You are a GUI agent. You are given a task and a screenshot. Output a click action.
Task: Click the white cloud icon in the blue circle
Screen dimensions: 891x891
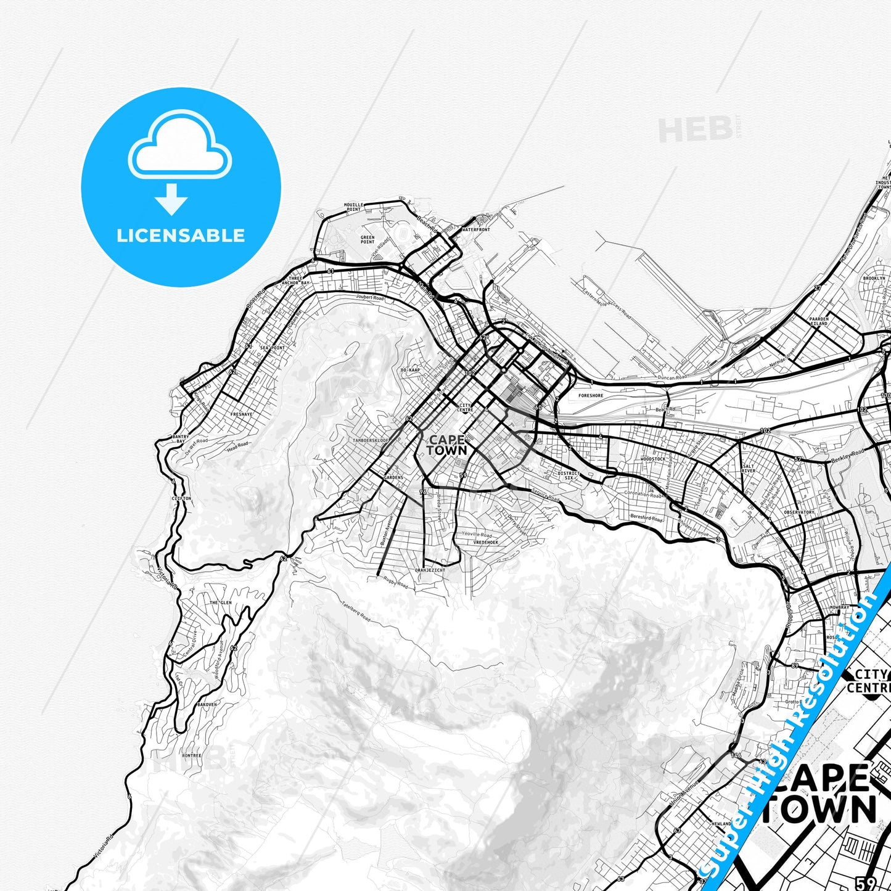click(x=180, y=146)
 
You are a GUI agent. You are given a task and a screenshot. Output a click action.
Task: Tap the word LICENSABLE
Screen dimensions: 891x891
click(x=181, y=235)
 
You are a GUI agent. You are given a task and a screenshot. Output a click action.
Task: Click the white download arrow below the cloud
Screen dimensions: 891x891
click(x=172, y=199)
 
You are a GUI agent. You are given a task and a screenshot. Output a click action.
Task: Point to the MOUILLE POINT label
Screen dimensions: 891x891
click(x=353, y=207)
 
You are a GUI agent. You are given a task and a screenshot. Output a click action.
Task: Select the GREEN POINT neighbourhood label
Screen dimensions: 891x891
click(x=367, y=239)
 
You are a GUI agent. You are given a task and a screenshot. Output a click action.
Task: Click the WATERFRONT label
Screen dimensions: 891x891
click(x=475, y=229)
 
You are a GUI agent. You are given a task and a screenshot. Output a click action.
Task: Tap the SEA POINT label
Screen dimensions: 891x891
click(x=273, y=348)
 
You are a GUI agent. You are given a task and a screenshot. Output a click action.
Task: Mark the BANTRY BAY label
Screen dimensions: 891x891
click(x=181, y=439)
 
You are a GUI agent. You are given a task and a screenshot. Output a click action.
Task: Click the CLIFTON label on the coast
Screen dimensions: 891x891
click(x=181, y=498)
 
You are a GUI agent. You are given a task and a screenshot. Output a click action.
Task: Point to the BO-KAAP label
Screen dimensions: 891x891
click(x=410, y=370)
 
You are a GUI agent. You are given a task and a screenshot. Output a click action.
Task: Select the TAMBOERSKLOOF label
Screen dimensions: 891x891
click(x=371, y=440)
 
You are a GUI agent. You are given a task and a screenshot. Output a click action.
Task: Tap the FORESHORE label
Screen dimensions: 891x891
click(x=591, y=395)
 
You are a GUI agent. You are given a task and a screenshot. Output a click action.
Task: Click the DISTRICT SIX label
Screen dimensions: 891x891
click(x=569, y=475)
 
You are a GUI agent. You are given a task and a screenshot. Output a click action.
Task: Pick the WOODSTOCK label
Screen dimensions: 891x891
click(x=653, y=459)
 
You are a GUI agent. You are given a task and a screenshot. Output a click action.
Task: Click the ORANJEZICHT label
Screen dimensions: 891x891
click(x=429, y=570)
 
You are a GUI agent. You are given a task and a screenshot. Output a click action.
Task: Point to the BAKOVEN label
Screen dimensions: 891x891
click(x=207, y=704)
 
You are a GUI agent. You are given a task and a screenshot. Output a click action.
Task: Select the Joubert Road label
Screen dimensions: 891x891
click(x=370, y=298)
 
